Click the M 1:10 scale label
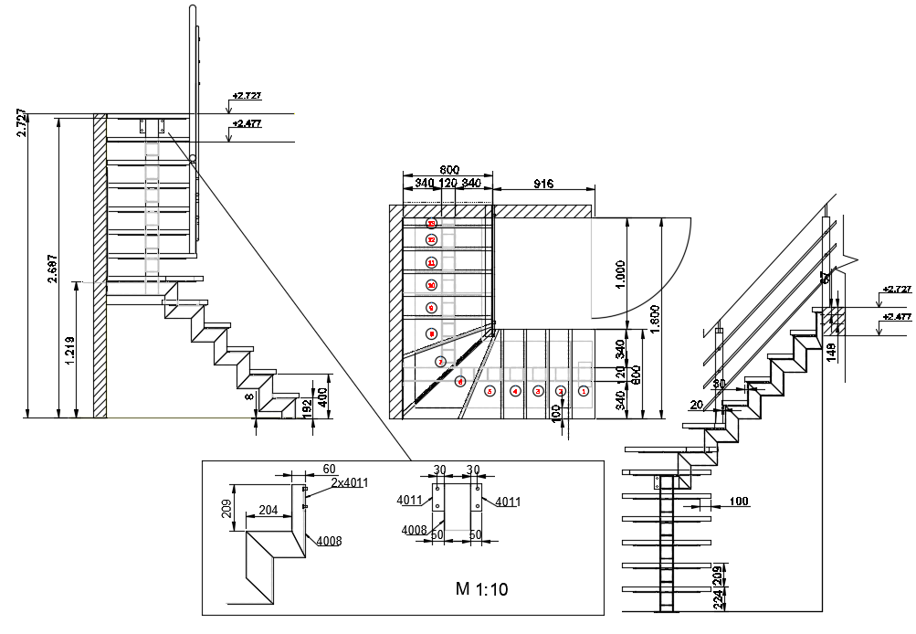pyautogui.click(x=481, y=589)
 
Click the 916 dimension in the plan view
pyautogui.click(x=543, y=184)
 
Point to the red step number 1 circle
pyautogui.click(x=584, y=391)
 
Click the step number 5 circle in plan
pyautogui.click(x=490, y=391)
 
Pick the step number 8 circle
pyautogui.click(x=432, y=334)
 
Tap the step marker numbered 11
pyautogui.click(x=432, y=263)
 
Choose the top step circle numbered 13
pyautogui.click(x=432, y=223)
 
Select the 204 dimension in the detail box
pyautogui.click(x=268, y=512)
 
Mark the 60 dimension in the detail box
pyautogui.click(x=329, y=469)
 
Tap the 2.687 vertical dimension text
pyautogui.click(x=52, y=269)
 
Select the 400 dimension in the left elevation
pyautogui.click(x=322, y=396)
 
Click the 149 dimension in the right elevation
pyautogui.click(x=831, y=353)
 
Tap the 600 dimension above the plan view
pyautogui.click(x=448, y=170)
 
